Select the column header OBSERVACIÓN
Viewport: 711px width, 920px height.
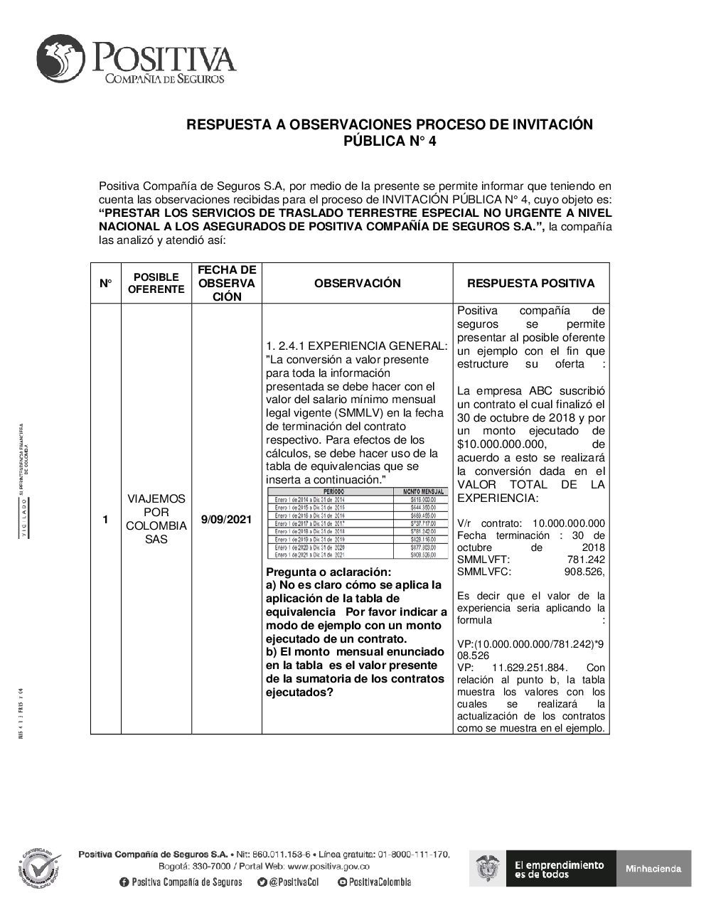357,283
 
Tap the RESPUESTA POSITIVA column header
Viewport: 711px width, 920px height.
530,283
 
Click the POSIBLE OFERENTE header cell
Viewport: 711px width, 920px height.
156,283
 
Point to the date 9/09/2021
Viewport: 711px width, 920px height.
226,520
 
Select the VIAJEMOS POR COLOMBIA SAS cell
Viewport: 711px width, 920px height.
156,519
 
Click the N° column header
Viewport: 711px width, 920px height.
105,283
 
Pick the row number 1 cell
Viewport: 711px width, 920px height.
105,520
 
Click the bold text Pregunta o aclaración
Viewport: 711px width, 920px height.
328,572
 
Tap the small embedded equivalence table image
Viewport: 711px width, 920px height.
357,523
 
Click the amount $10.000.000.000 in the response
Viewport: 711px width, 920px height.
502,444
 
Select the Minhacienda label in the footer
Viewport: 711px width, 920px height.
653,868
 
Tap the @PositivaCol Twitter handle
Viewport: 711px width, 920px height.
288,882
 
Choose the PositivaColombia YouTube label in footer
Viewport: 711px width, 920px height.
375,882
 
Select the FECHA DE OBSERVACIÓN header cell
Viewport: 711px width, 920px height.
226,283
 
